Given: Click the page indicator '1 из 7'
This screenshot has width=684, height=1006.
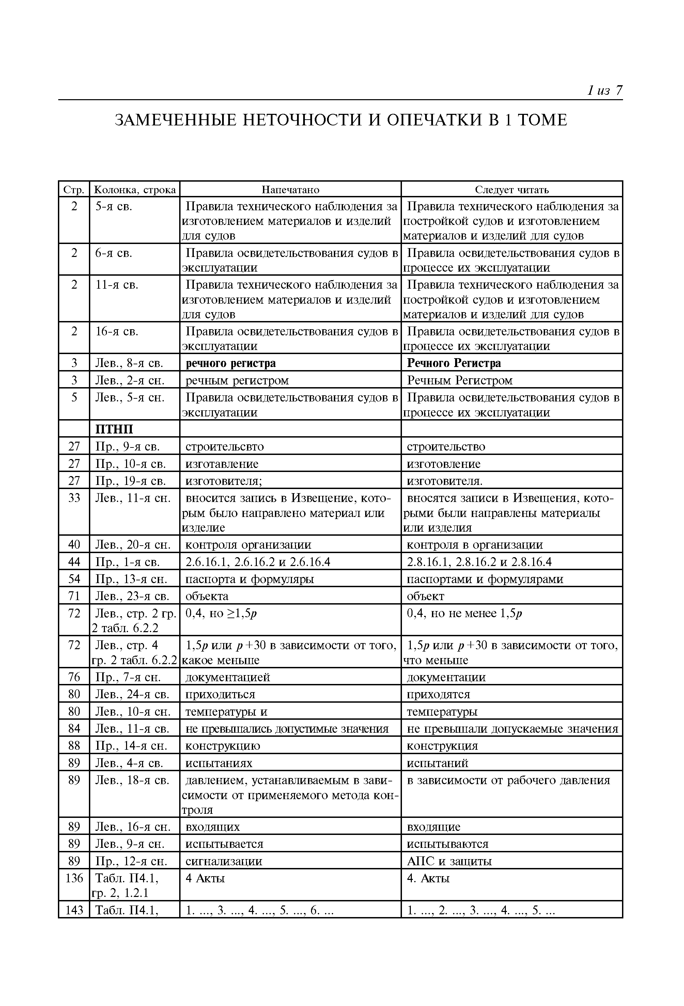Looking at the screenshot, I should pyautogui.click(x=604, y=90).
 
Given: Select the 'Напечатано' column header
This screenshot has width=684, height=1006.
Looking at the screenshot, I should pyautogui.click(x=290, y=189).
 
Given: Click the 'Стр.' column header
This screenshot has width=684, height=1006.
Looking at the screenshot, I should pyautogui.click(x=74, y=189).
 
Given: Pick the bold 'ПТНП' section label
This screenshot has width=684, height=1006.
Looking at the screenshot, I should pyautogui.click(x=114, y=429).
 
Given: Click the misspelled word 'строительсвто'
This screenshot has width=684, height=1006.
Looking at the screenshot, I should pyautogui.click(x=224, y=446).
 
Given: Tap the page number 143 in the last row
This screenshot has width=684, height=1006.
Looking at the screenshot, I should pyautogui.click(x=74, y=910).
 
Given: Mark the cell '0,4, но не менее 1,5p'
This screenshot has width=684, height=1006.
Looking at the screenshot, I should pyautogui.click(x=464, y=613).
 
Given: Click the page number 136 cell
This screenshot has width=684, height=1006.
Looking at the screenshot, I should pyautogui.click(x=74, y=878).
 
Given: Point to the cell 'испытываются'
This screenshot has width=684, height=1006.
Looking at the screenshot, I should pyautogui.click(x=447, y=844).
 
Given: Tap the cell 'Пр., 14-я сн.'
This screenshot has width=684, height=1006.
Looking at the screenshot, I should pyautogui.click(x=131, y=745).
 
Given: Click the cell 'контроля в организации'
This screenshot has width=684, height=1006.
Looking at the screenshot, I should pyautogui.click(x=475, y=545).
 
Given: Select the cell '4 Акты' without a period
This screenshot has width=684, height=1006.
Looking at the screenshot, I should pyautogui.click(x=205, y=878).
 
